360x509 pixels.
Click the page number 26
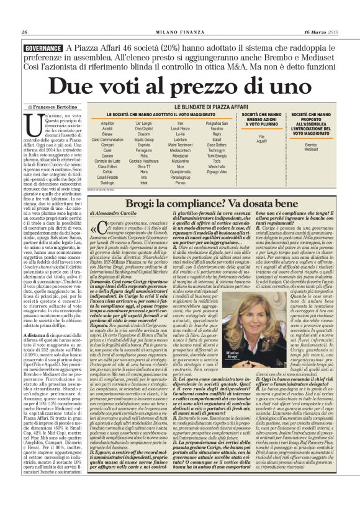coord(25,32)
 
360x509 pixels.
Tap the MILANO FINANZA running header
coord(179,32)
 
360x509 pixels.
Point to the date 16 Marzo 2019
coord(322,32)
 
